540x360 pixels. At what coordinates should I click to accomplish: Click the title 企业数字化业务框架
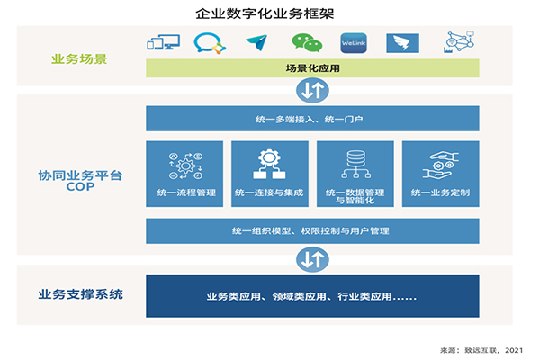click(x=265, y=13)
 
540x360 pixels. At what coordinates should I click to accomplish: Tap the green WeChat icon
click(x=307, y=43)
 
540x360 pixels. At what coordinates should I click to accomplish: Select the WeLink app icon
click(x=354, y=43)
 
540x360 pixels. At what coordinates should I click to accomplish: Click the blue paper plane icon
click(x=257, y=42)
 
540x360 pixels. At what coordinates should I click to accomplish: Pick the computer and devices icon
click(x=163, y=42)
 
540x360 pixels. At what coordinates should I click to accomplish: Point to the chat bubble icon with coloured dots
click(x=210, y=43)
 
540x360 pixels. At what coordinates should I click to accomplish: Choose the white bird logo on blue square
click(x=402, y=43)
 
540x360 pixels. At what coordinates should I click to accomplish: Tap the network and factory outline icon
click(x=459, y=42)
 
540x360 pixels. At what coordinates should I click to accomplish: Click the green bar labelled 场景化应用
click(x=312, y=68)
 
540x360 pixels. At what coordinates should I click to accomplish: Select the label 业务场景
click(x=79, y=59)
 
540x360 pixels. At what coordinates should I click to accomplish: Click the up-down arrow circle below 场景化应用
click(x=312, y=91)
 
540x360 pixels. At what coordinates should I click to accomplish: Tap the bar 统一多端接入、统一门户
click(x=312, y=119)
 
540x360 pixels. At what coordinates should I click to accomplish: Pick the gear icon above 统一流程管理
click(x=185, y=166)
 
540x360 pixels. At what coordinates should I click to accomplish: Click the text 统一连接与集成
click(x=269, y=193)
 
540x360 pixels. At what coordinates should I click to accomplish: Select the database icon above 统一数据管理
click(x=355, y=165)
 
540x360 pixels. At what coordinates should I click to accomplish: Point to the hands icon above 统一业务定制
click(x=441, y=166)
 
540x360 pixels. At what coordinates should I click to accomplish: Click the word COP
click(x=80, y=186)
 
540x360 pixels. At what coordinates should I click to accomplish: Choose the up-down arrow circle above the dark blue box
click(x=312, y=259)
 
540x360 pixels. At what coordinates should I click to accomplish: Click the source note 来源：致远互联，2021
click(x=481, y=350)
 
